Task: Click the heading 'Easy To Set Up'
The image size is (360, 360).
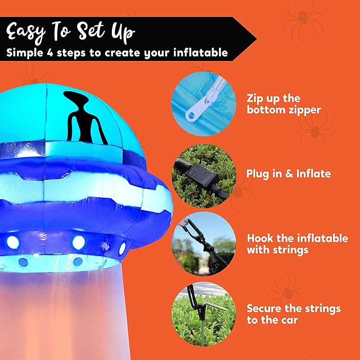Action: (71, 32)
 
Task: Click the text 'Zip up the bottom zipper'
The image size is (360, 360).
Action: (283, 104)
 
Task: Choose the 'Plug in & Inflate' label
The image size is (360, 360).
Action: (288, 174)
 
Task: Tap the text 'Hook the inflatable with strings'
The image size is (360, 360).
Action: (297, 244)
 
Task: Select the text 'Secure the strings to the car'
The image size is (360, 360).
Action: (293, 314)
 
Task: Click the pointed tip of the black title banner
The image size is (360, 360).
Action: (255, 39)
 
